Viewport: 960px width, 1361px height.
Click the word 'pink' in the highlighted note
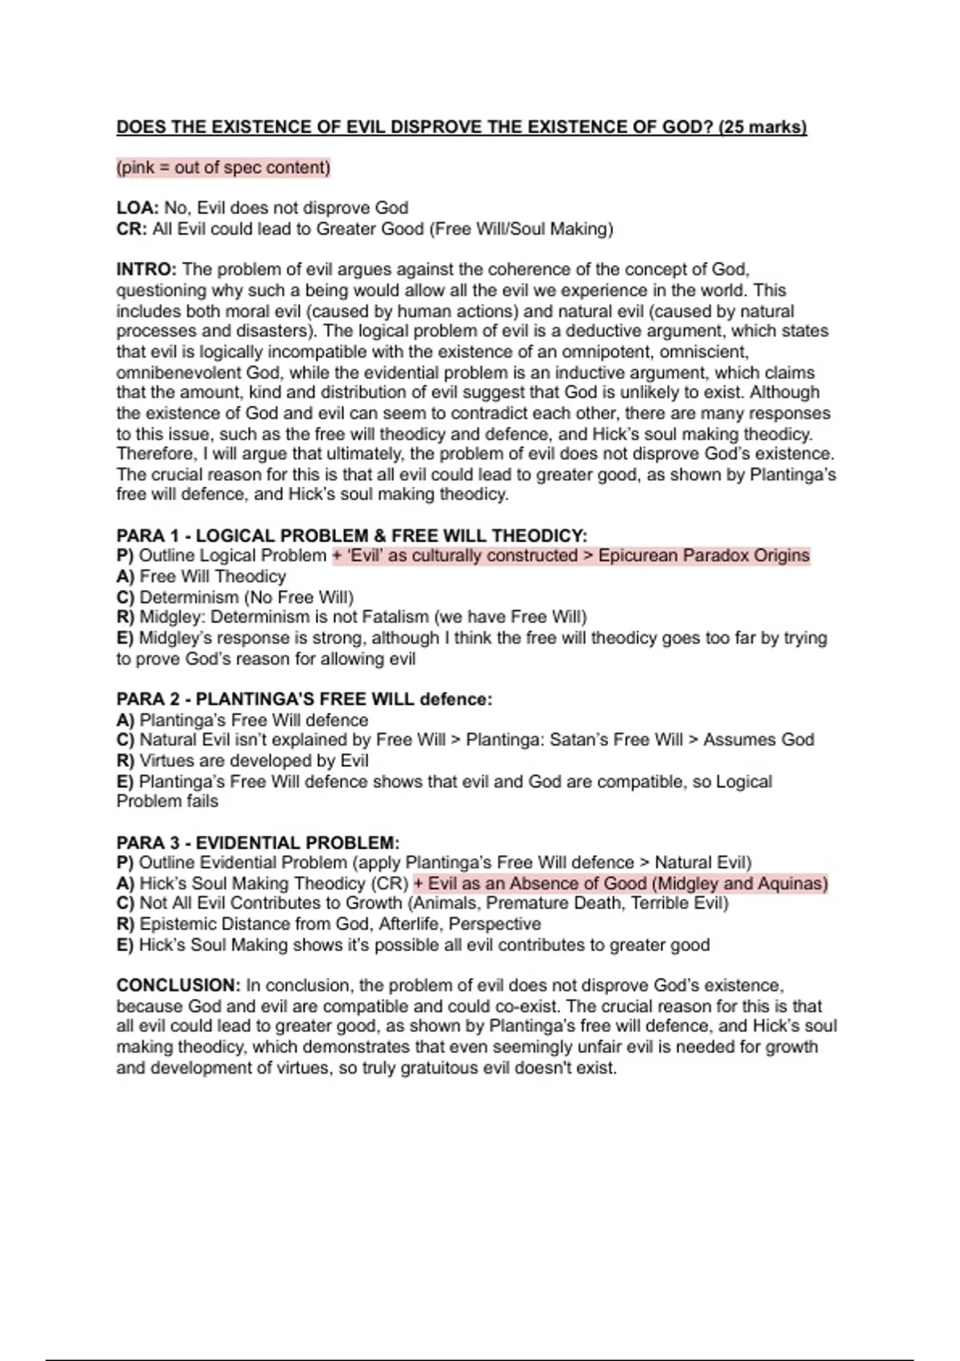137,168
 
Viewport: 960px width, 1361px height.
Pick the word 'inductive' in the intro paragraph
589,373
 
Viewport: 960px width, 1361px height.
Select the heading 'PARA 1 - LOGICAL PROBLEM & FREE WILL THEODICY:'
352,536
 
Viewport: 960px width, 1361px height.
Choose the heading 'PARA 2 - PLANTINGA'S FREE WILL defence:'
304,699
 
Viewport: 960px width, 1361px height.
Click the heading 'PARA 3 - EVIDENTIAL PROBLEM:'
258,843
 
